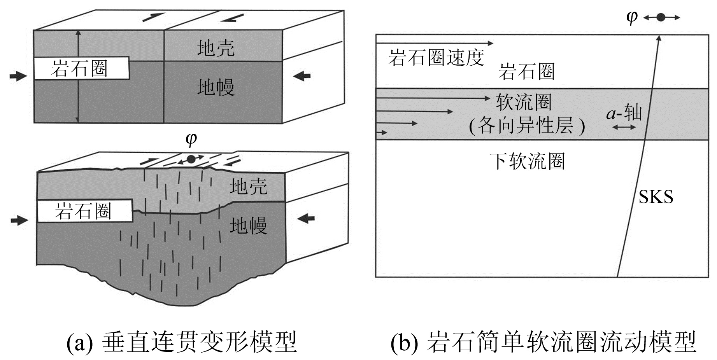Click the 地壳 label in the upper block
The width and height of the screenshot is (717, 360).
click(x=216, y=49)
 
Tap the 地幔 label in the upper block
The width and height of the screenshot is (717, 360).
click(x=216, y=87)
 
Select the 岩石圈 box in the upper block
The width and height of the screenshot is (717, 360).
click(x=81, y=69)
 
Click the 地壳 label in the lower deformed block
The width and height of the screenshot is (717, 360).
click(x=248, y=187)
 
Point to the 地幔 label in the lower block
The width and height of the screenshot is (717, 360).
click(x=248, y=225)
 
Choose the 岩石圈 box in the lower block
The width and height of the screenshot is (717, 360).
click(x=84, y=211)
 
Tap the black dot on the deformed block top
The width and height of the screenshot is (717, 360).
click(x=191, y=159)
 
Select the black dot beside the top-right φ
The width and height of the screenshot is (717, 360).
click(x=661, y=17)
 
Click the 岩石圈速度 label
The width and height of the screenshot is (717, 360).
click(x=436, y=58)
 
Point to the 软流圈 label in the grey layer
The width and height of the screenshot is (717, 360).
click(x=524, y=102)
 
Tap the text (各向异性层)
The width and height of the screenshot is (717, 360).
click(x=527, y=126)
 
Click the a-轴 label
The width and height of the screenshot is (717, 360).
click(x=624, y=113)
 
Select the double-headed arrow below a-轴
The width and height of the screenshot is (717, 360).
click(x=624, y=127)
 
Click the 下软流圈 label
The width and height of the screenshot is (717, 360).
click(x=527, y=161)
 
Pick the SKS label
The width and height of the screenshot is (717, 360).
click(x=656, y=197)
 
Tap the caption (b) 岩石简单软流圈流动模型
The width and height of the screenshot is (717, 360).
click(x=543, y=342)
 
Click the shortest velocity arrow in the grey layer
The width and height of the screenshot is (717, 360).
click(x=382, y=133)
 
